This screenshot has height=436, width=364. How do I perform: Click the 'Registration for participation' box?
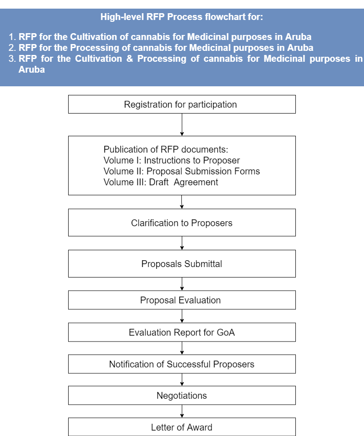182,104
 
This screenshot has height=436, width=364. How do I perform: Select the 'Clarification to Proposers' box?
182,223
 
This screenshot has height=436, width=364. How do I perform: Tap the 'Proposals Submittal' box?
182,263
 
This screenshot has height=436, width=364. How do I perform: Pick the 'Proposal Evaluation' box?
182,300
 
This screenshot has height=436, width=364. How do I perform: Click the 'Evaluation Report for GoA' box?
182,332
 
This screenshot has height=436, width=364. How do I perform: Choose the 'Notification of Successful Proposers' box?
182,364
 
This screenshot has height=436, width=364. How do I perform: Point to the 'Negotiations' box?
182,396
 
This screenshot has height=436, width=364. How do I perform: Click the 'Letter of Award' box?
182,427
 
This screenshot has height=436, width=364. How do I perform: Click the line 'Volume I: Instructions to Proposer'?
172,160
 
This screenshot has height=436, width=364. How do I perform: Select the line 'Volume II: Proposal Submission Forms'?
182,171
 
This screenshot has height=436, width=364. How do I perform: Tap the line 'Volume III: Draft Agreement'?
161,182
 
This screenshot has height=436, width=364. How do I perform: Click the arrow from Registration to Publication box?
182,124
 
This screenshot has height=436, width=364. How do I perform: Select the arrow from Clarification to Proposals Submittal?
182,243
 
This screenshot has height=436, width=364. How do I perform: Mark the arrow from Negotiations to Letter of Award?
182,411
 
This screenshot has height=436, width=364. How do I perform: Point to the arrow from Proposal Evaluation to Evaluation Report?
182,316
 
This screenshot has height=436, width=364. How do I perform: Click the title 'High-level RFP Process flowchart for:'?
182,17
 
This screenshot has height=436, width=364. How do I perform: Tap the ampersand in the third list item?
130,59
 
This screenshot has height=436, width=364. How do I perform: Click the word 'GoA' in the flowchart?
226,332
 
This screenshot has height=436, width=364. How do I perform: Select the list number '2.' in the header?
12,48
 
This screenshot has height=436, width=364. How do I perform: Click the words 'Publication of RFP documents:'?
166,149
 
